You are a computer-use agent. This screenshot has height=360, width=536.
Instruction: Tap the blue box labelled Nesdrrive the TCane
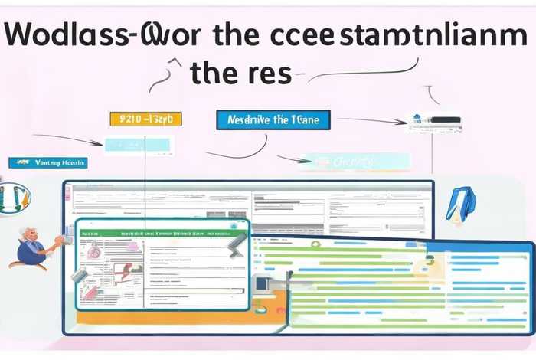pyautogui.click(x=273, y=119)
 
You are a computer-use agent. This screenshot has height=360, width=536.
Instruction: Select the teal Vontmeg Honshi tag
pyautogui.click(x=47, y=162)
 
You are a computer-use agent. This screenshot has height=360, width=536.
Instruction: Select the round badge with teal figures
pyautogui.click(x=15, y=198)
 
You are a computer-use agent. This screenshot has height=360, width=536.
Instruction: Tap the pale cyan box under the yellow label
pyautogui.click(x=138, y=144)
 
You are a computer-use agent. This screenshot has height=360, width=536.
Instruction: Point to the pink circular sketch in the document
pyautogui.click(x=94, y=251)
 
